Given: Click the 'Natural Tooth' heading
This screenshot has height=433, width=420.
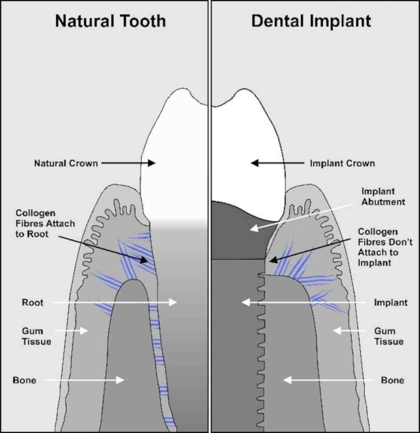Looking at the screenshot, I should pyautogui.click(x=110, y=21).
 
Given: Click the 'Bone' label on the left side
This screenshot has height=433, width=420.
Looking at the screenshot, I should pyautogui.click(x=25, y=380).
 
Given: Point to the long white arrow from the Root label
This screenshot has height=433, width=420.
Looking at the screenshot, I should pyautogui.click(x=115, y=302).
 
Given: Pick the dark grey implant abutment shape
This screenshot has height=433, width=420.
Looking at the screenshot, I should pyautogui.click(x=238, y=230).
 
